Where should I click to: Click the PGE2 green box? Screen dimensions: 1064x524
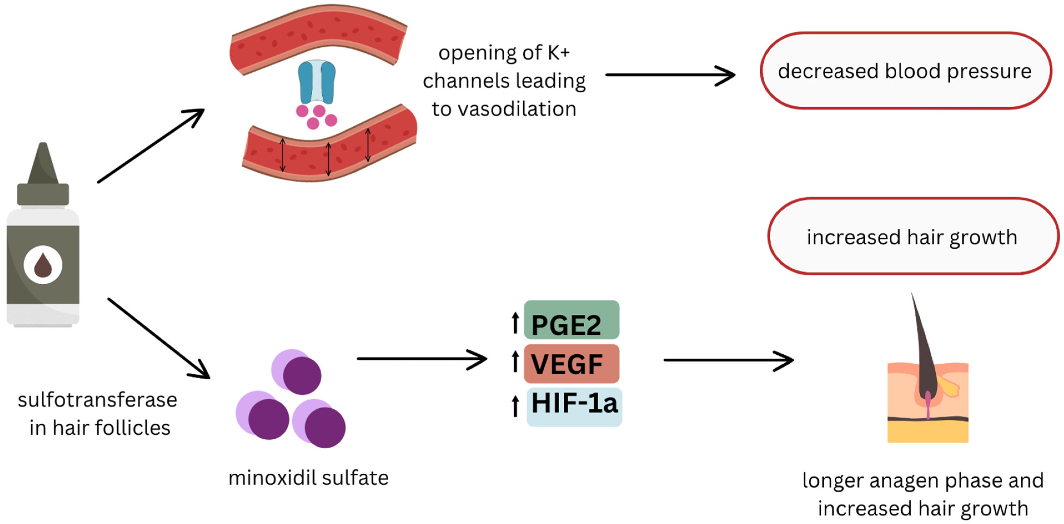[572, 320]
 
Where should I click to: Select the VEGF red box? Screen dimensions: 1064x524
[572, 363]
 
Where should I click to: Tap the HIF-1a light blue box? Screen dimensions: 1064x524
[574, 407]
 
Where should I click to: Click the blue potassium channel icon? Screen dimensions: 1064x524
[317, 82]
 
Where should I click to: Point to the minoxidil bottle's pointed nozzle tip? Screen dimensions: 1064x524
[43, 144]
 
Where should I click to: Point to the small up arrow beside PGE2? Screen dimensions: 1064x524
[515, 323]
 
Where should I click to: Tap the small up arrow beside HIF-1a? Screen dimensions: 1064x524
[515, 406]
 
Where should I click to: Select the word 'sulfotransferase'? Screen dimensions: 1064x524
[97, 400]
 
